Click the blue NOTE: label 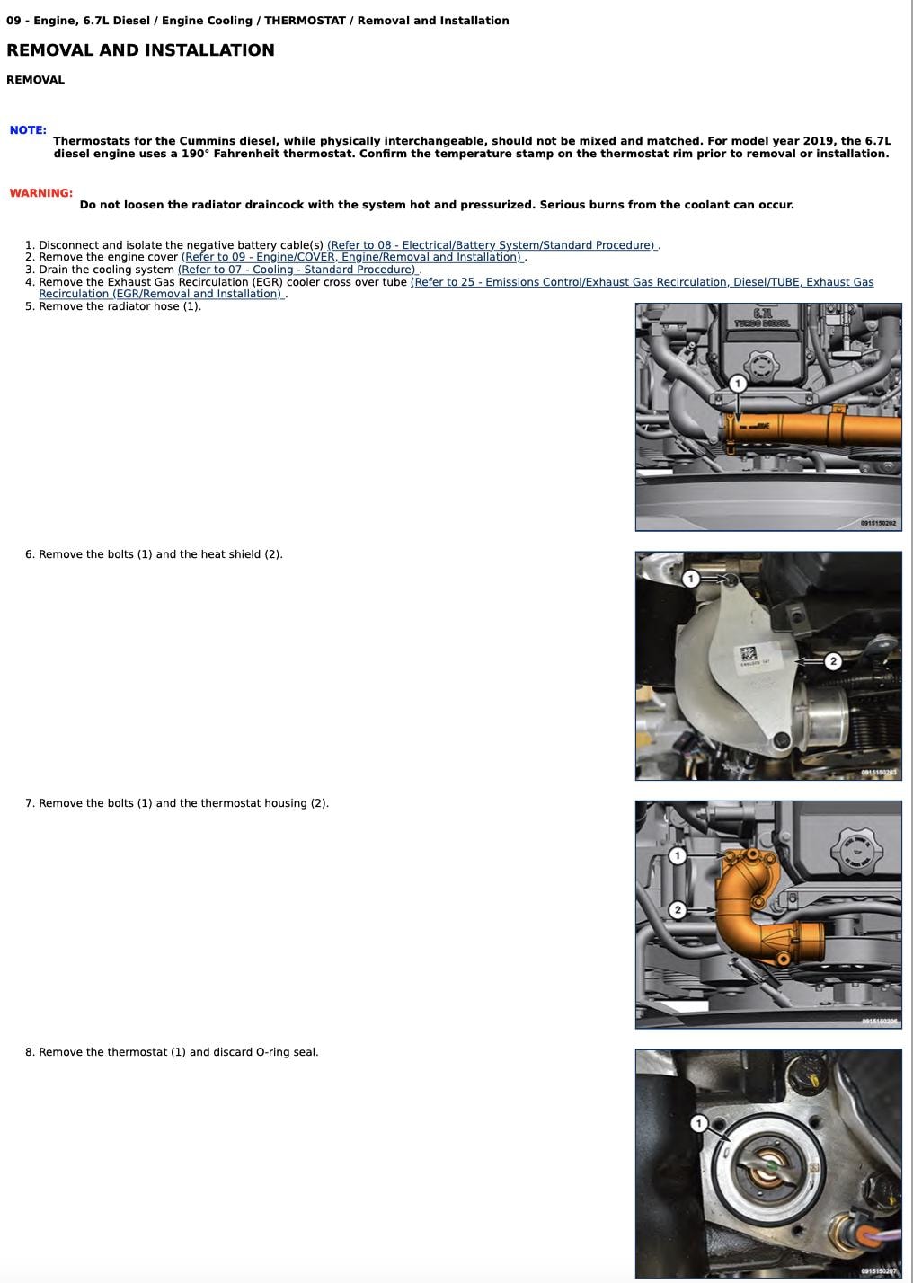click(28, 130)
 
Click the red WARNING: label click(40, 193)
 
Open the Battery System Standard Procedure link click(492, 245)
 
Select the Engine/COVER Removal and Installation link click(351, 257)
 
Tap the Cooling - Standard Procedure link click(297, 270)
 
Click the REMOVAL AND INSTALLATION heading click(140, 50)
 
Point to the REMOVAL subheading click(35, 80)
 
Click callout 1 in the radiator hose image click(738, 384)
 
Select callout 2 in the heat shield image click(833, 661)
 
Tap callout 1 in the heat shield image click(690, 579)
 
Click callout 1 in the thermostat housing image click(678, 855)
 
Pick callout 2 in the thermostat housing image click(678, 910)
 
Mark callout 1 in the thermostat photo click(698, 1123)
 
